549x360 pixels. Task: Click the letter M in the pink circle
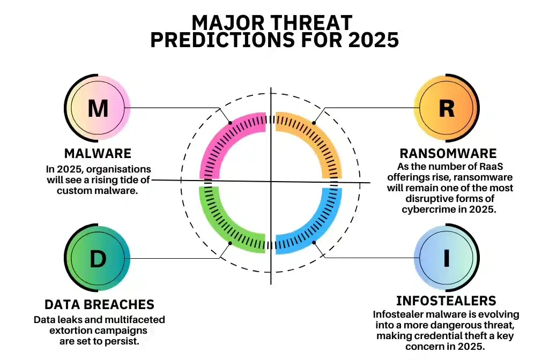pyautogui.click(x=98, y=109)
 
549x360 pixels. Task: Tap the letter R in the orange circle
pyautogui.click(x=447, y=109)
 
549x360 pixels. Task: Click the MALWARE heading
pyautogui.click(x=98, y=154)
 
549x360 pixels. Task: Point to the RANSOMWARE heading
pyautogui.click(x=448, y=154)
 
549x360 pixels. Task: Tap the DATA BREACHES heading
pyautogui.click(x=99, y=305)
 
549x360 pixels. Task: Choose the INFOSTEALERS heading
pyautogui.click(x=446, y=301)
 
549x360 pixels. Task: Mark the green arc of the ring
pyautogui.click(x=214, y=225)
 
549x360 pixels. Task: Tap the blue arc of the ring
pyautogui.click(x=327, y=225)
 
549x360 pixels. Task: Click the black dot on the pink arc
pyautogui.click(x=230, y=123)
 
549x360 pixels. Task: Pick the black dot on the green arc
pyautogui.click(x=230, y=243)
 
